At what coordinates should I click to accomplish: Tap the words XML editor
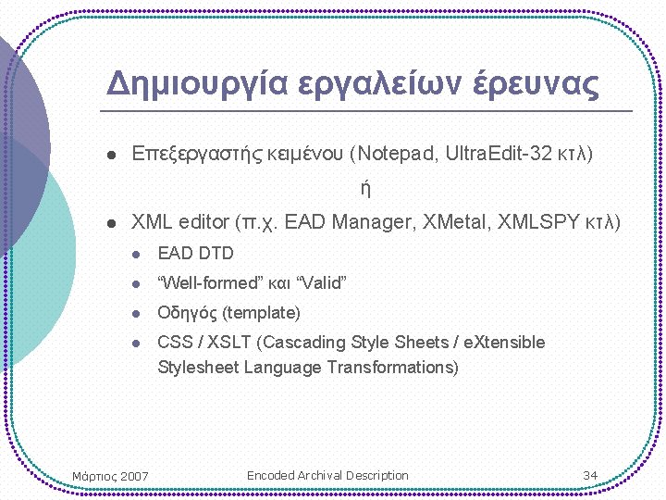[180, 222]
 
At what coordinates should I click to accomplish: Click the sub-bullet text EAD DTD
[196, 253]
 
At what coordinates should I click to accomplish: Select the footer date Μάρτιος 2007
[110, 476]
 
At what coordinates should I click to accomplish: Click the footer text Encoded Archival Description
[327, 475]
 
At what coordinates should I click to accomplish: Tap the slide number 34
[590, 475]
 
